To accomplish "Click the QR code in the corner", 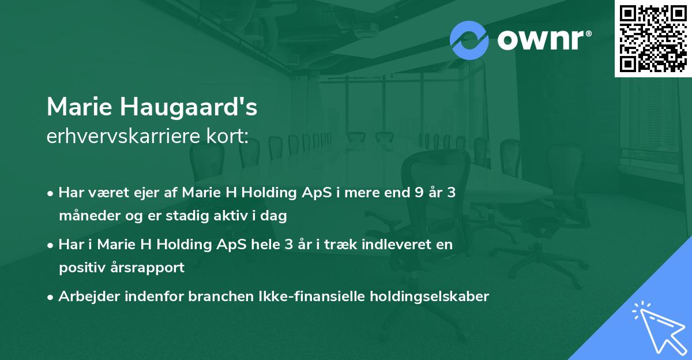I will click(x=653, y=38).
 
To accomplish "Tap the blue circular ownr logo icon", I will click(x=469, y=40).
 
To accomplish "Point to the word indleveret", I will click(x=402, y=245).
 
